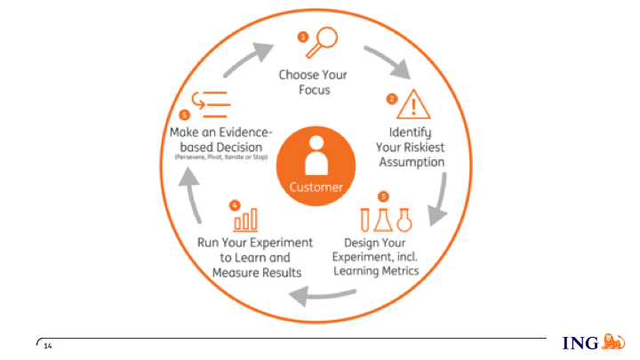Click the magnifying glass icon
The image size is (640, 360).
pos(325,40)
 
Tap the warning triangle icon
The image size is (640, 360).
pos(413,105)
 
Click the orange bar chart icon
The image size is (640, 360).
pos(246,218)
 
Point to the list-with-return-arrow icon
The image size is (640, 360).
pos(211,103)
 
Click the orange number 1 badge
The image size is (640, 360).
pos(302,36)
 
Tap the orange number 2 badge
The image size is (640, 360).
pos(390,99)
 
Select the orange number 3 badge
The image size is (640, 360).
pos(382,196)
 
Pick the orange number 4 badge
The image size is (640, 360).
pos(234,204)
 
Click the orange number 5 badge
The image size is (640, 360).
pos(184,115)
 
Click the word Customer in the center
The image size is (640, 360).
pos(316,188)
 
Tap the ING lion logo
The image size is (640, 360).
pos(613,341)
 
